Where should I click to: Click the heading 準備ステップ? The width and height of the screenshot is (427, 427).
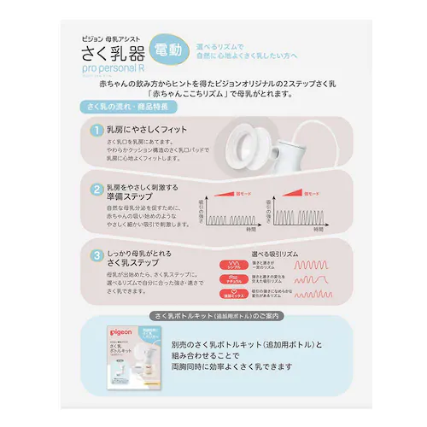(x=131, y=198)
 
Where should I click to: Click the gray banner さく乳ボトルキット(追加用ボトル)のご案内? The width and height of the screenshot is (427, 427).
(x=213, y=314)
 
